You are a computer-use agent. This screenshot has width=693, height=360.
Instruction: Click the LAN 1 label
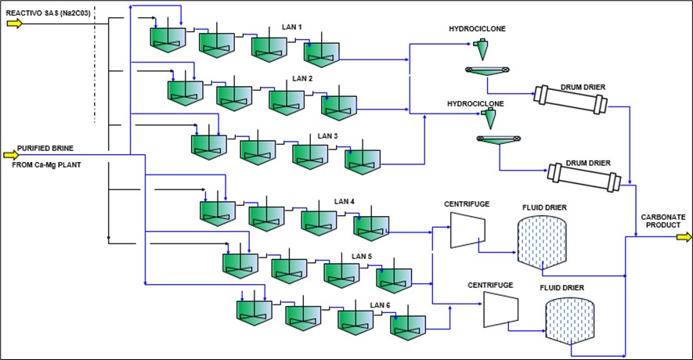pos(292,27)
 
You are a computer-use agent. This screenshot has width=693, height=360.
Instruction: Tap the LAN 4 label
pos(345,201)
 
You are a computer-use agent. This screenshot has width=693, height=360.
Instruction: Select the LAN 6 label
pos(380,305)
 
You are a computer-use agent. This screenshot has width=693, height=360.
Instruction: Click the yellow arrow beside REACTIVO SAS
pos(14,23)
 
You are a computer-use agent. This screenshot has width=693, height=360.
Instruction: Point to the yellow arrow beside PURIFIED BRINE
pos(11,155)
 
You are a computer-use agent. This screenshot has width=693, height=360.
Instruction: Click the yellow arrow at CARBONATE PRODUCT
pos(684,238)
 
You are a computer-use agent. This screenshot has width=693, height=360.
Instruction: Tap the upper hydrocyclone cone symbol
pos(482,49)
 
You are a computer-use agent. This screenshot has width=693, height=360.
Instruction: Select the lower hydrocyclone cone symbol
pos(489,118)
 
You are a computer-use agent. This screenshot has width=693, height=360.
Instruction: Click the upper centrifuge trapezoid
pos(467,230)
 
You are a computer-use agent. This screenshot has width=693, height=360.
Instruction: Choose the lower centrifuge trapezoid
pos(500,309)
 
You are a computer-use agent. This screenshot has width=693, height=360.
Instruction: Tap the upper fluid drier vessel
pos(542,242)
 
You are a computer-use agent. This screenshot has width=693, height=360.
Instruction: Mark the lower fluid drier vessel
pos(569,321)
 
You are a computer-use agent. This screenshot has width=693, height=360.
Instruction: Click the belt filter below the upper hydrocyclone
pos(487,70)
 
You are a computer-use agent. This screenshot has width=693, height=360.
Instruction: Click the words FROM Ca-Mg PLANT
pos(46,165)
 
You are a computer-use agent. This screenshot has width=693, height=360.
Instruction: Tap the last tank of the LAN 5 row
pos(394,280)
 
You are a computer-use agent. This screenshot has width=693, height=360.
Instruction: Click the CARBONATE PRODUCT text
pos(663,221)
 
